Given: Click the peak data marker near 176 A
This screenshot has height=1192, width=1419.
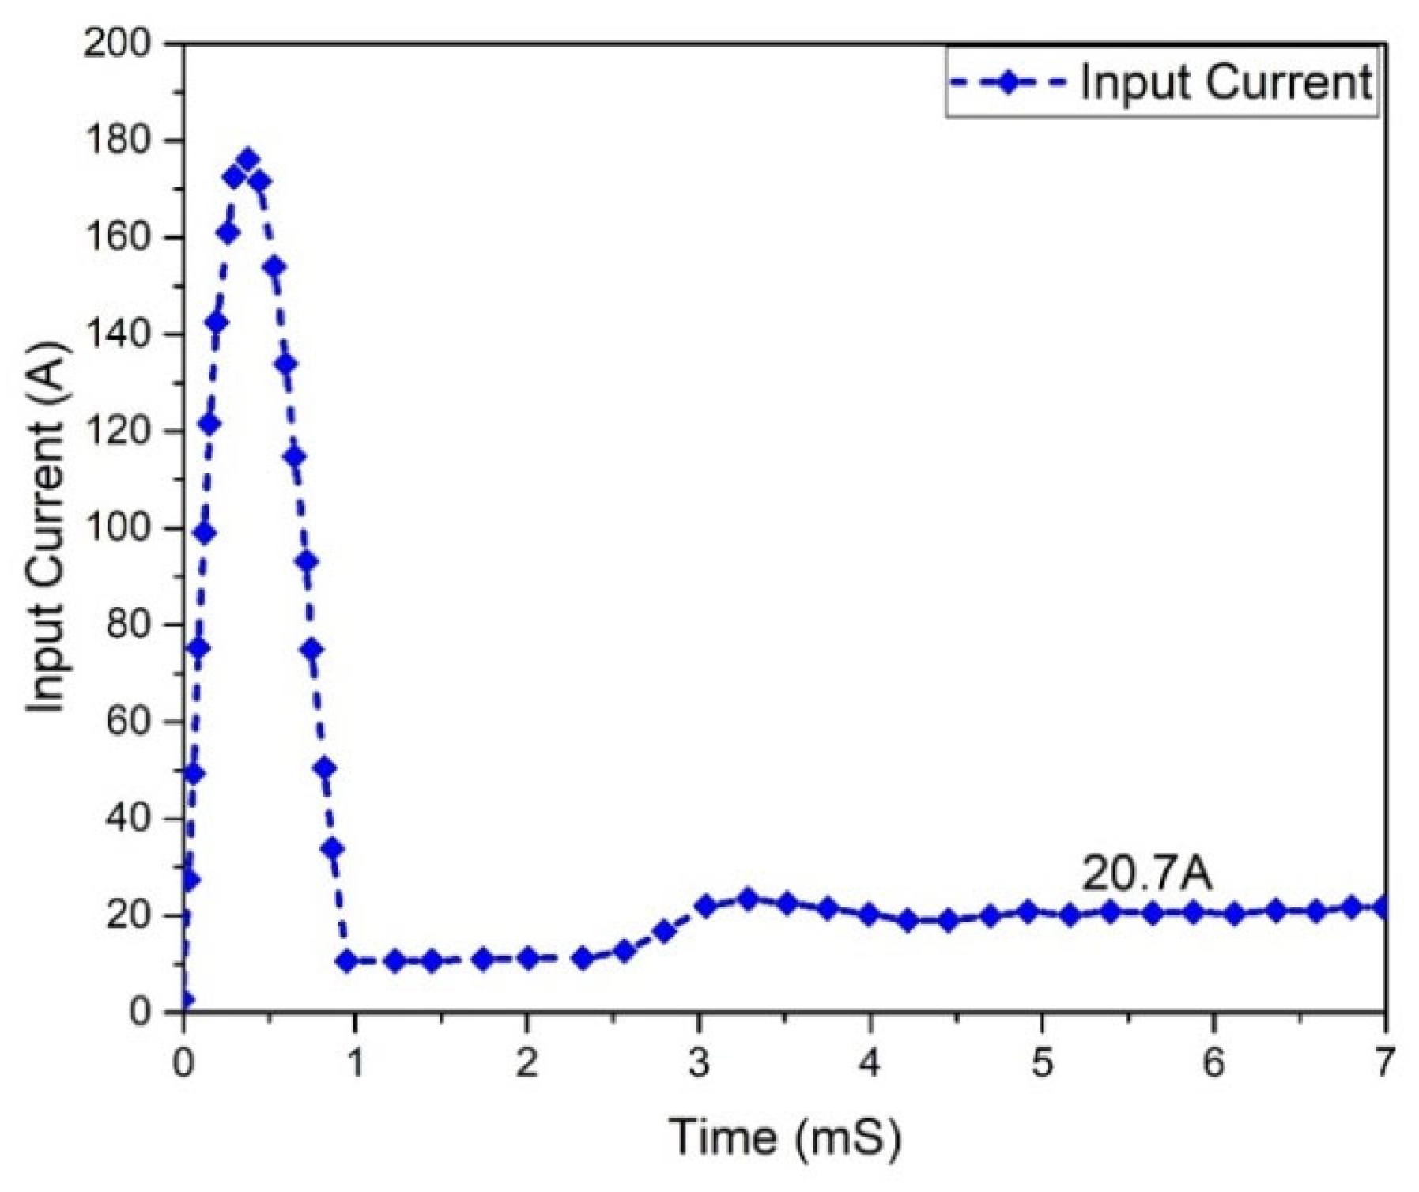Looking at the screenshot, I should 248,160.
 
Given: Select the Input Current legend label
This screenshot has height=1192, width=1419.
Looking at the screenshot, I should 1225,82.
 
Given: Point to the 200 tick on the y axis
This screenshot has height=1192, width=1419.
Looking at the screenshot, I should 117,43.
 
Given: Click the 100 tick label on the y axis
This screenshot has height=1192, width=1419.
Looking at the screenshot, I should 117,528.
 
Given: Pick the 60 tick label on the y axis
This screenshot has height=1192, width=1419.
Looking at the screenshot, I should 128,722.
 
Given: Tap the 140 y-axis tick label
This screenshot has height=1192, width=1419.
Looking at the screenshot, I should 117,334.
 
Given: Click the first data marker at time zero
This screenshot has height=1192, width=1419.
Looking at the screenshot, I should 185,1002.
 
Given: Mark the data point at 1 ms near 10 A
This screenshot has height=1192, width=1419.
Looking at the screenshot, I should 347,961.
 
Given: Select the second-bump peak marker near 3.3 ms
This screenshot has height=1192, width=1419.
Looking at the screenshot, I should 747,899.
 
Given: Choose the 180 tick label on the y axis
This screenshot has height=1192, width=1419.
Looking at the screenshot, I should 117,141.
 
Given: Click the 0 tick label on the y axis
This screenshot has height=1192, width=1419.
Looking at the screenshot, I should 140,1012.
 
